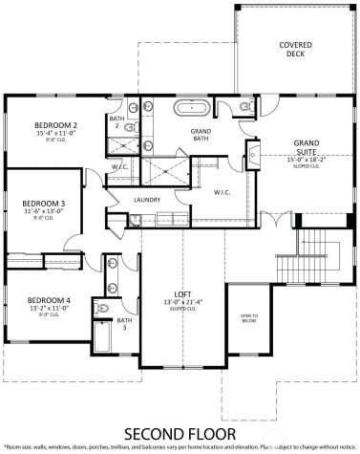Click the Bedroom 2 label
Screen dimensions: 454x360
55,125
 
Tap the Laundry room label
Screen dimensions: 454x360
147,200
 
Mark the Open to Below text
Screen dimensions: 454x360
248,319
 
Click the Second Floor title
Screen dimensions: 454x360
180,430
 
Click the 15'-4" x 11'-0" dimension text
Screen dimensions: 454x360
55,134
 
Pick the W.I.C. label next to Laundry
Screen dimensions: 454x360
224,192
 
